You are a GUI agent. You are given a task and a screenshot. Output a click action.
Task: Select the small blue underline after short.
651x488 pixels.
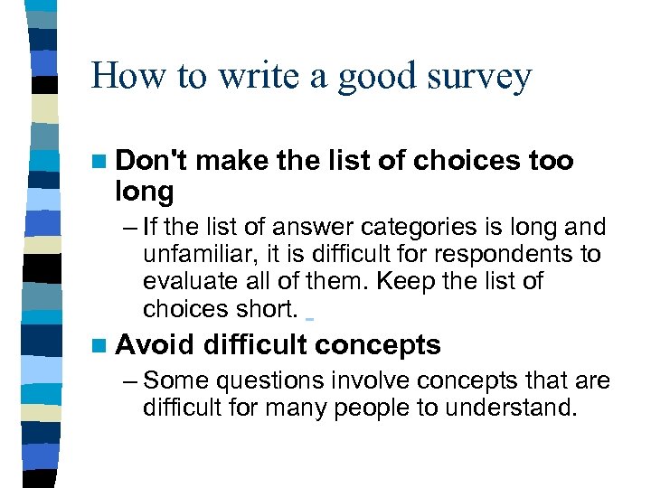pos(309,318)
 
